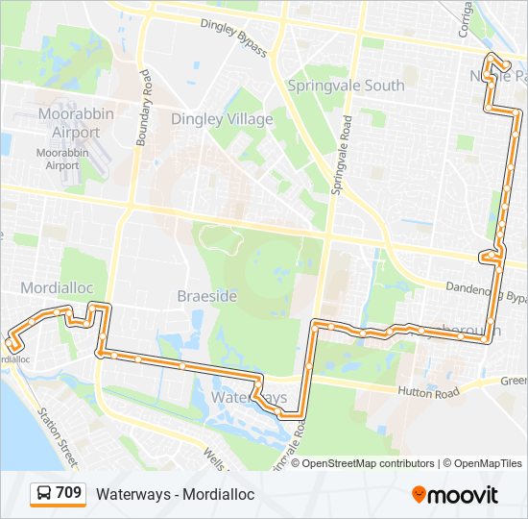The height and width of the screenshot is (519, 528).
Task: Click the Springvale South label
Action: pos(346,86)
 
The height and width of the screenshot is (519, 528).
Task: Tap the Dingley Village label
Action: pos(222,119)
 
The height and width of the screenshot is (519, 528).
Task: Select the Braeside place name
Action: pos(206,296)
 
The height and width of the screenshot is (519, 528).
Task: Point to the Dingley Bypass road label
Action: pos(233,37)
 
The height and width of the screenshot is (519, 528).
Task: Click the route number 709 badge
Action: pos(68,493)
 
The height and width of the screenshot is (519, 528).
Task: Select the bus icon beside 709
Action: pos(44,494)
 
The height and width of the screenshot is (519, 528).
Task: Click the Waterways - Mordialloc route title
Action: pos(175,494)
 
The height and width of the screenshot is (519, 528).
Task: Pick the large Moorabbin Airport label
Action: pos(69,123)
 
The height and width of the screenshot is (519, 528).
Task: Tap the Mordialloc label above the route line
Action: pos(54,288)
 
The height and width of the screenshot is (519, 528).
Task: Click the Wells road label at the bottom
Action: pos(214,460)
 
